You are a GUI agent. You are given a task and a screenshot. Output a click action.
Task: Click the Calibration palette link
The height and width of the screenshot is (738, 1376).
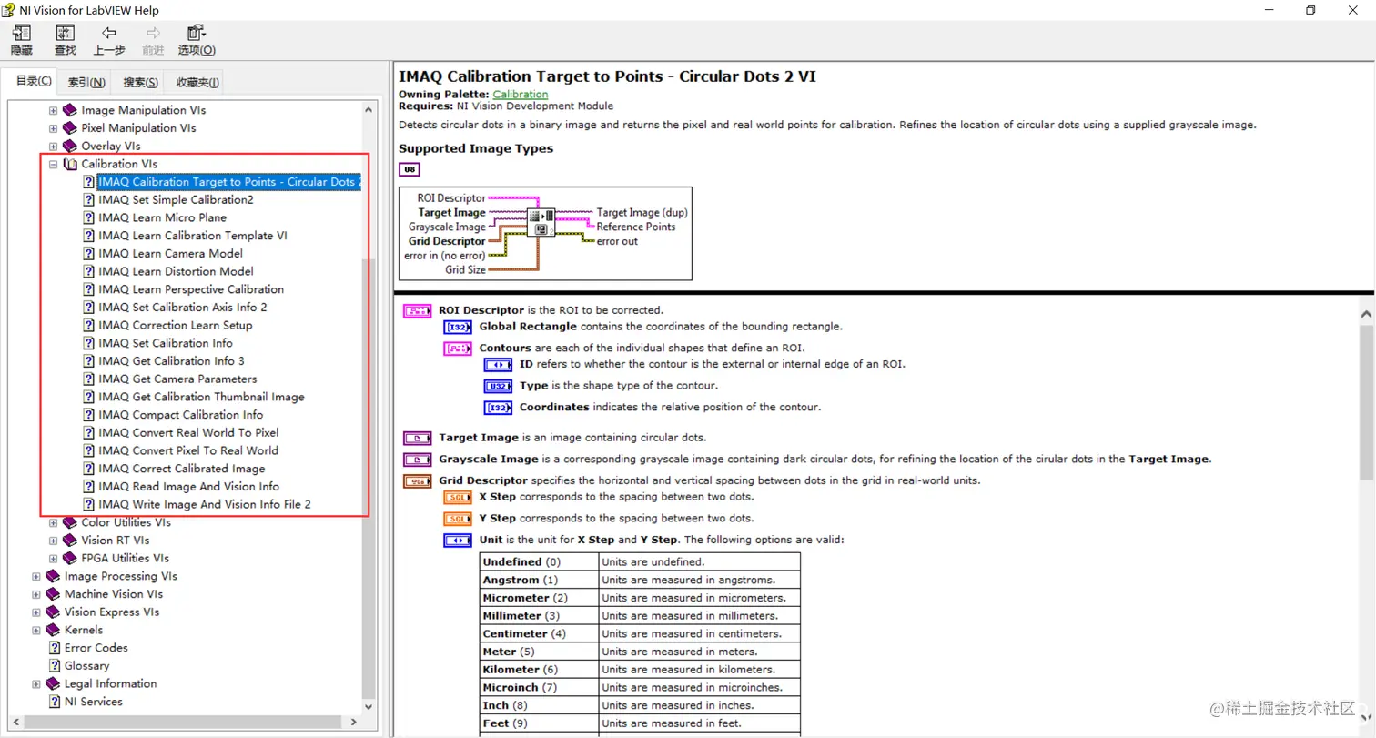coord(521,94)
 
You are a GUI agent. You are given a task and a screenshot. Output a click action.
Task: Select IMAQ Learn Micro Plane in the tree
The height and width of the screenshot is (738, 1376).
coord(162,217)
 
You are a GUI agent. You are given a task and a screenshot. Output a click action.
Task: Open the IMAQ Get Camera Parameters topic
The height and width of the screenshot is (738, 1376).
coord(177,379)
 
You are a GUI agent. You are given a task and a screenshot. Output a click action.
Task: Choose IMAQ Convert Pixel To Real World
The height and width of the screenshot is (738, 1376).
coord(188,450)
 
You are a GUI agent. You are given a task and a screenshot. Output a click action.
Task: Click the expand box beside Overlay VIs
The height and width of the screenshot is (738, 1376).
coord(54,147)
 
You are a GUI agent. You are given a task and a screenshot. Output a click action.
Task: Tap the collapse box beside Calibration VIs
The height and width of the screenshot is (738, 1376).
coord(54,164)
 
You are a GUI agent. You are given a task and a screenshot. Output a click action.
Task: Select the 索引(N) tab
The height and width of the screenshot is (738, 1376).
coord(86,82)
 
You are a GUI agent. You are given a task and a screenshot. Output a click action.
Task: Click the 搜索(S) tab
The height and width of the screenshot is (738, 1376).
coord(141,82)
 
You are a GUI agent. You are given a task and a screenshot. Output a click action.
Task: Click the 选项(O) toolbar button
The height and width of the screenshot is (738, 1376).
coord(197,41)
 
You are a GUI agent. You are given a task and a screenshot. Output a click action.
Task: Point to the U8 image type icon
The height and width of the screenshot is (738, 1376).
coord(410,169)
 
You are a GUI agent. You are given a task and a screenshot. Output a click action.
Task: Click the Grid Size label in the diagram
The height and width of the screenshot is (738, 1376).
coord(465,269)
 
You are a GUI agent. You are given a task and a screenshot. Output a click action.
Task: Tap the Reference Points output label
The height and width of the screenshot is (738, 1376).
coord(636,227)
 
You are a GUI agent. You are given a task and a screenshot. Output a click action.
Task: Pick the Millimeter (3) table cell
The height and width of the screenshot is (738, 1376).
coord(539,616)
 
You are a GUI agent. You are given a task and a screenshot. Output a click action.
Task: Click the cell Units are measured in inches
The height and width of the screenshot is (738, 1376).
coord(700,705)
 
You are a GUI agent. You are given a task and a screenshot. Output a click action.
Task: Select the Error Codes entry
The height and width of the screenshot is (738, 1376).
coord(96,648)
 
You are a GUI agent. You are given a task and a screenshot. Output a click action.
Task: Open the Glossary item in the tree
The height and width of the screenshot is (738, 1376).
coord(86,665)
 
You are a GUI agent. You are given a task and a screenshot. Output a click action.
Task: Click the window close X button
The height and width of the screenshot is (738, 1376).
coord(1352,10)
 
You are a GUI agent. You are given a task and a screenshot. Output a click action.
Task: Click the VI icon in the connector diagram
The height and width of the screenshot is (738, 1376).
coord(541,222)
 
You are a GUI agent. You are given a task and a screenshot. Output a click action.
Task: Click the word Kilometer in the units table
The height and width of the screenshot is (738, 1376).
coord(511,670)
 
